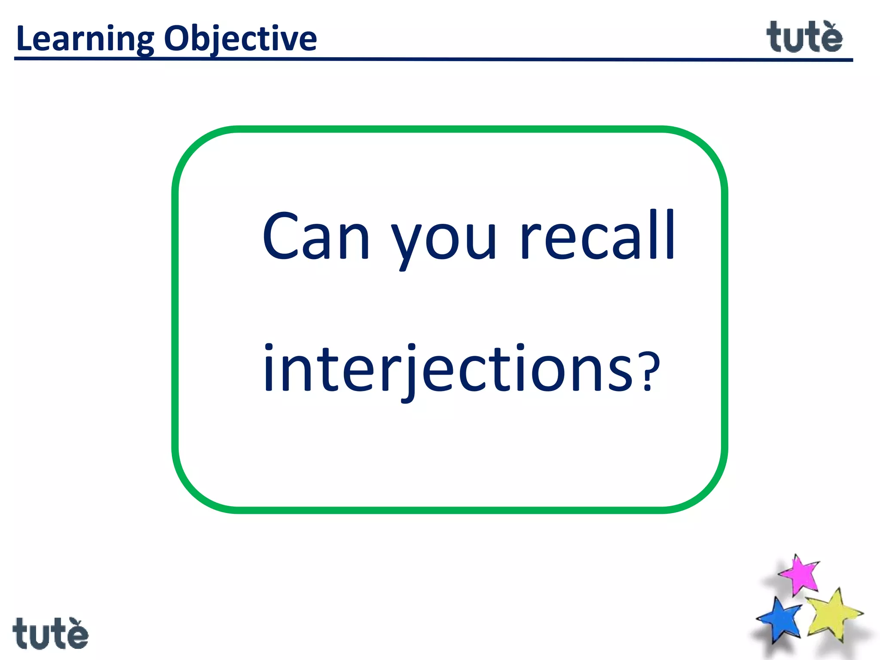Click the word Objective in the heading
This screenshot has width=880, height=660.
click(x=241, y=39)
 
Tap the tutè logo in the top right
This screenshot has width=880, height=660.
click(x=804, y=37)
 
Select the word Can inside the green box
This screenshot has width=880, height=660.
click(x=316, y=236)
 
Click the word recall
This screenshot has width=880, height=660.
click(x=597, y=236)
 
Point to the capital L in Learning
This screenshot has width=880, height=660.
click(x=24, y=39)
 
